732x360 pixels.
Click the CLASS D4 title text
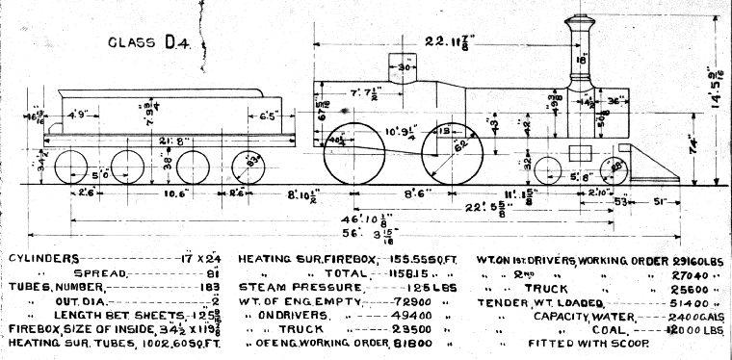point(150,41)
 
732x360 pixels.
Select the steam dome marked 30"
point(405,69)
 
